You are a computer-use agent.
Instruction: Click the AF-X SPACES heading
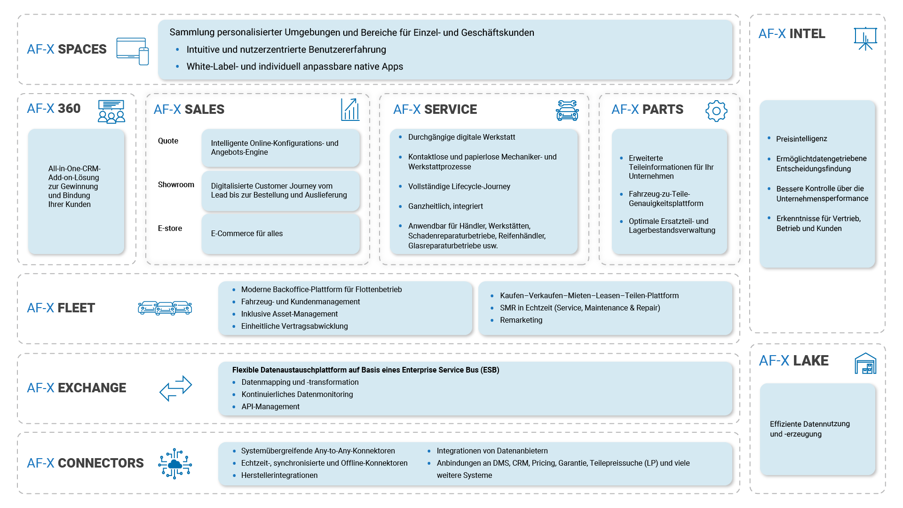66,49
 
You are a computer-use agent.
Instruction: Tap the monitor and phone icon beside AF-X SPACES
133,51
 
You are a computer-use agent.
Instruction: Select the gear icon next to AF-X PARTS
716,111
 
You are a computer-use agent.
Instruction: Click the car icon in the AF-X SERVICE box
567,111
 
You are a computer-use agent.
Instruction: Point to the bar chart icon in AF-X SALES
350,110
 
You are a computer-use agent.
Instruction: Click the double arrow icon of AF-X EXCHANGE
175,388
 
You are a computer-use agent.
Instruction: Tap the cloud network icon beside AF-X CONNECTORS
175,463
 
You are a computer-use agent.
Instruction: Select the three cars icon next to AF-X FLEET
165,308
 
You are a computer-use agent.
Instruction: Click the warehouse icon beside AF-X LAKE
865,363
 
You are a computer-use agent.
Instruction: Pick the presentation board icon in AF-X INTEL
865,38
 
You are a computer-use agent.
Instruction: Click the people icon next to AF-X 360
111,111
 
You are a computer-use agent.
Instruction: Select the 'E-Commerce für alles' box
280,234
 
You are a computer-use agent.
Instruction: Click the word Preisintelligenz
801,139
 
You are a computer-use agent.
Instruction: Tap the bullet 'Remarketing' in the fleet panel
521,320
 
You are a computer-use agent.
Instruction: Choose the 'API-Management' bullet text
270,406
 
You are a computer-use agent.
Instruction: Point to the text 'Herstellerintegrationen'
279,475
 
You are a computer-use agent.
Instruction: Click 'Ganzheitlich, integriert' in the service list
445,206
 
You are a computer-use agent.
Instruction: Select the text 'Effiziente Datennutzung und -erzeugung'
809,429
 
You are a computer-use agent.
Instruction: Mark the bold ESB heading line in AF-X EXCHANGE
365,370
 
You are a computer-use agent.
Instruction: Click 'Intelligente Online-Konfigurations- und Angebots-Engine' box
280,148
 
